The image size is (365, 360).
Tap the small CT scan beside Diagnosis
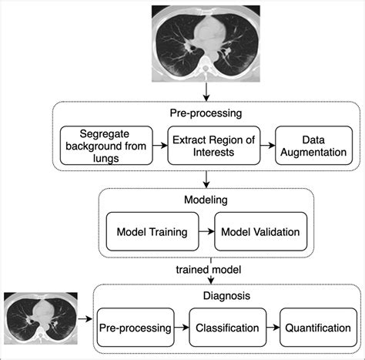[39, 318]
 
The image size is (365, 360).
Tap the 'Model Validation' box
[260, 231]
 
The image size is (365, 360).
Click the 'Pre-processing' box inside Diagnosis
[135, 328]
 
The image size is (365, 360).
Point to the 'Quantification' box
[316, 328]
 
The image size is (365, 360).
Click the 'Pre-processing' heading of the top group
[206, 113]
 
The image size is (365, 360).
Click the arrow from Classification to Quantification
[272, 328]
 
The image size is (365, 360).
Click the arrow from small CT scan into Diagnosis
[85, 318]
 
